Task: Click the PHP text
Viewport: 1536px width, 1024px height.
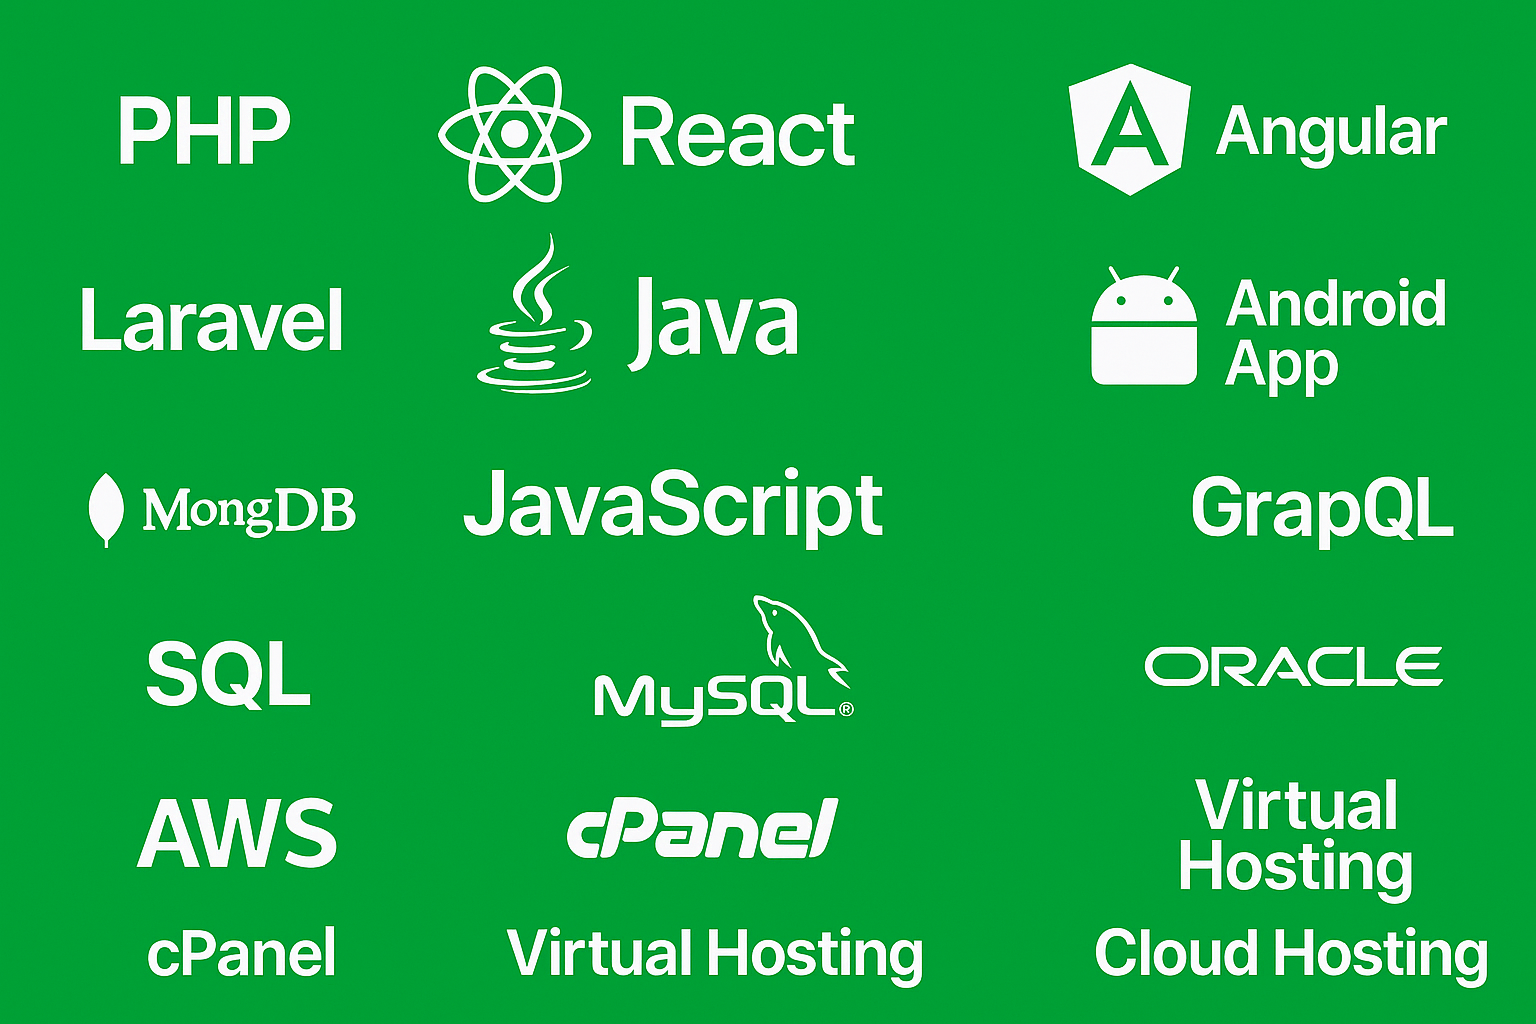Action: (204, 131)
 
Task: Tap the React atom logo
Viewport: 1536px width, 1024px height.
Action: (514, 134)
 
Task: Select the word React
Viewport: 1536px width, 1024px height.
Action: (737, 133)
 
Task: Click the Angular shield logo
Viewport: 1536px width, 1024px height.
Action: (1129, 129)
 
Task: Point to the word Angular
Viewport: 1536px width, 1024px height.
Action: (1331, 132)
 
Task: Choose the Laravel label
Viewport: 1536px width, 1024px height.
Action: (211, 320)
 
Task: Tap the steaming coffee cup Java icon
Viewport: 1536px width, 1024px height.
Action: (535, 318)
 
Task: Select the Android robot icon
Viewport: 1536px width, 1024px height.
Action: (1144, 328)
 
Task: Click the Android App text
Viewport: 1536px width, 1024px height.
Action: (1335, 333)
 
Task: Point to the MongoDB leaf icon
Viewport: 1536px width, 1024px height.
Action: (106, 510)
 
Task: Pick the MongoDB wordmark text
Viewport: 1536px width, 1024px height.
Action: (249, 510)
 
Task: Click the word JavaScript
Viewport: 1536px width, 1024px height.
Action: (673, 505)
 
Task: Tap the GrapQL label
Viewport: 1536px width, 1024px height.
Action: (1321, 508)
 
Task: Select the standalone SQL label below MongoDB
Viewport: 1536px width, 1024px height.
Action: (228, 674)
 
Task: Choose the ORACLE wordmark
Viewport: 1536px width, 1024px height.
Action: (1293, 667)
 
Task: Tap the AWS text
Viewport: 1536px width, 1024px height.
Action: (238, 833)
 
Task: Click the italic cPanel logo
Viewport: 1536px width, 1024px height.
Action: (702, 829)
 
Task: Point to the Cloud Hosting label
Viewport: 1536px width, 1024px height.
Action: (1291, 953)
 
